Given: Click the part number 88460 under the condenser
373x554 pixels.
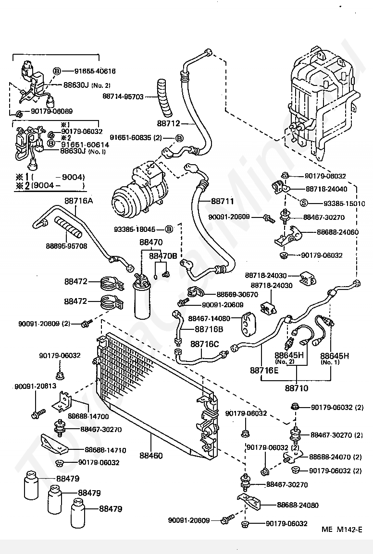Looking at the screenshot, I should coord(151,456).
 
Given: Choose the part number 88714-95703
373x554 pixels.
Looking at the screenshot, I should coord(123,96).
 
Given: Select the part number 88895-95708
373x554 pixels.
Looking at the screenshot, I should coord(66,246).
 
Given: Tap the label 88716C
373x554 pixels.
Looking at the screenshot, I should coord(204,344).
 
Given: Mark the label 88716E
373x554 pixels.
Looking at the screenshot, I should coord(264,370).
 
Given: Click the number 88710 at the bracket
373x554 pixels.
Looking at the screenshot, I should coord(296,387).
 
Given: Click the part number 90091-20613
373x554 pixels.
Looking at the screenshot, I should coord(35,386).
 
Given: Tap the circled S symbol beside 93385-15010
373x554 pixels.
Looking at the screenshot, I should coord(304,203).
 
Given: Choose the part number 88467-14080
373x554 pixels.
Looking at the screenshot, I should coord(209,318).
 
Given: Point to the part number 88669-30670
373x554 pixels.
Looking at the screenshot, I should coord(237,294).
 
